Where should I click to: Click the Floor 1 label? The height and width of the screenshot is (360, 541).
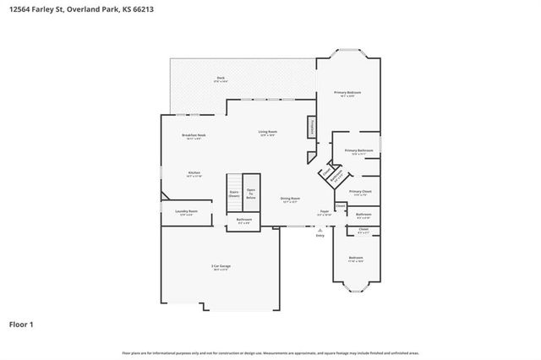point(21,323)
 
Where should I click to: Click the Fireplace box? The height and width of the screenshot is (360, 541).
point(310,128)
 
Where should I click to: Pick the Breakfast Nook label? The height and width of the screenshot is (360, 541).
point(194,136)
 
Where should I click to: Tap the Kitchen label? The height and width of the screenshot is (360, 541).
point(194,174)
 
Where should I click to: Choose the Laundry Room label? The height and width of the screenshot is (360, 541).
point(186,212)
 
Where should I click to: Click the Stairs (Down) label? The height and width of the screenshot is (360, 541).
point(234,193)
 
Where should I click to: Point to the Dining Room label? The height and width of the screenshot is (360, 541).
point(290,200)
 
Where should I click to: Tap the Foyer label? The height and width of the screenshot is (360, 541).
point(324,212)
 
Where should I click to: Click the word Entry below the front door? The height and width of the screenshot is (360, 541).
point(320,235)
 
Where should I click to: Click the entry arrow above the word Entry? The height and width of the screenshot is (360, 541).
point(320,229)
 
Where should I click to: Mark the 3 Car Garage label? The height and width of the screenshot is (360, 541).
point(221,267)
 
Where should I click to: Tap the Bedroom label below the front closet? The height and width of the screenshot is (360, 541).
point(356,259)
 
